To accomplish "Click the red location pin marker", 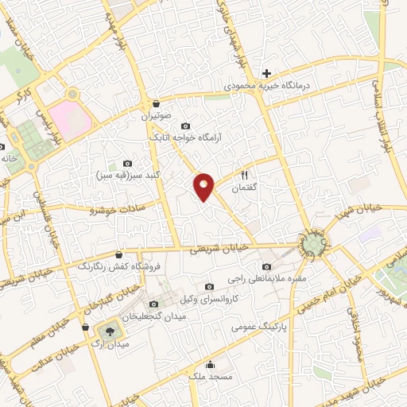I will coord(205,186).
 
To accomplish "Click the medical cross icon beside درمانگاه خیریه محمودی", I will coord(267,74).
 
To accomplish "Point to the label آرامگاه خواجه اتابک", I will coord(192,138).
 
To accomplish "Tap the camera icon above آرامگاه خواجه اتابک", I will coord(185,126).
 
